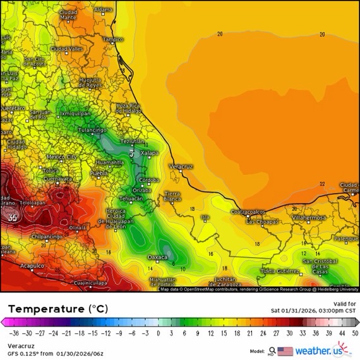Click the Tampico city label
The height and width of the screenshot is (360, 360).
point(113,39)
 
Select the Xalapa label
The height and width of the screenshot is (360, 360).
point(149,153)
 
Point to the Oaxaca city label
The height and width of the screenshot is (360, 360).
point(157,257)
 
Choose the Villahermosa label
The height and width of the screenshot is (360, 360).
point(309,217)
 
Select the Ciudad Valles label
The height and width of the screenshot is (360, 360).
point(66,49)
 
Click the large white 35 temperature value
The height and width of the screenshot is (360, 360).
point(13,217)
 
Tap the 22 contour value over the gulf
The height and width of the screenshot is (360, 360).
point(322,184)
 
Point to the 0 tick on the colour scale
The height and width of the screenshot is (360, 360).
point(158,332)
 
